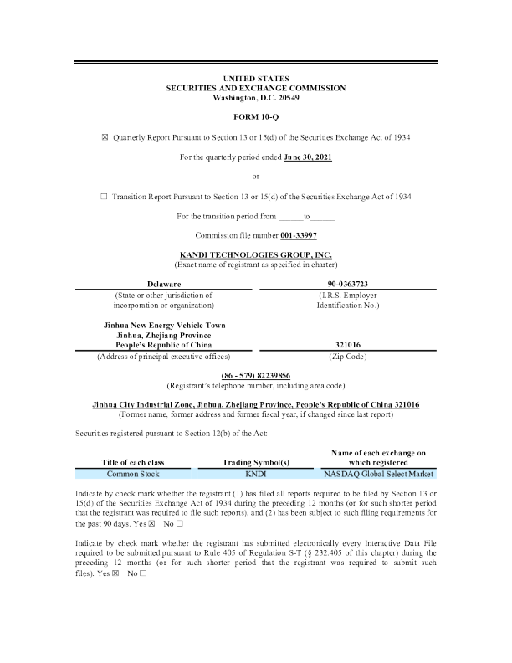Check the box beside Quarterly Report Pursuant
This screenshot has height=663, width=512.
[105, 136]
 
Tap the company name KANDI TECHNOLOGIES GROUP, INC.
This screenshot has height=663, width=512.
[256, 254]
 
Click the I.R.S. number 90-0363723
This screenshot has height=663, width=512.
[347, 285]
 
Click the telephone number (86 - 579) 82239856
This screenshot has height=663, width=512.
[256, 374]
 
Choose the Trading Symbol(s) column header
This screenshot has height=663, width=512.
[255, 461]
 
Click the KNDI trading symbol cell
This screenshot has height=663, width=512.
[255, 474]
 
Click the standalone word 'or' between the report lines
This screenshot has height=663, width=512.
[256, 176]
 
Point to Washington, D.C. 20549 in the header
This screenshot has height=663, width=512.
[256, 98]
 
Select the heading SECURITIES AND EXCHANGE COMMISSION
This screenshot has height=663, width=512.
[256, 88]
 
